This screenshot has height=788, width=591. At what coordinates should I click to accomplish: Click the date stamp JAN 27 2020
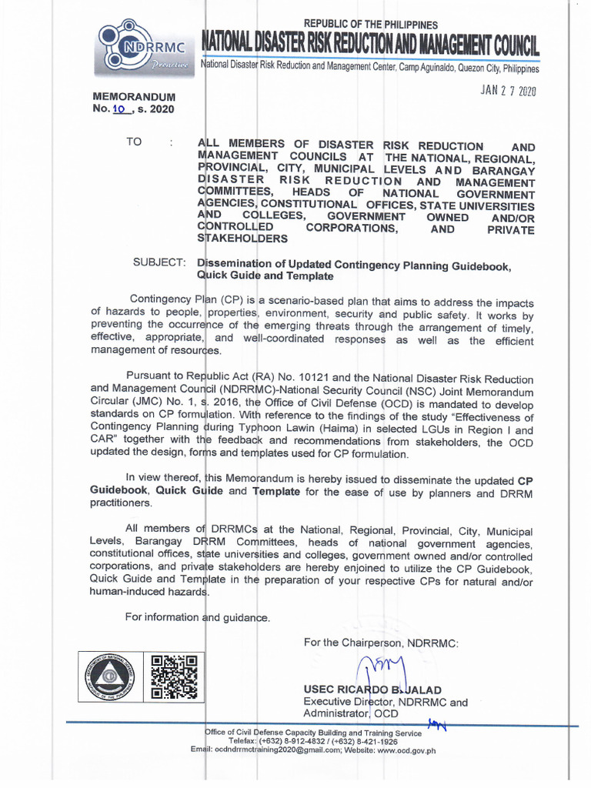coord(508,91)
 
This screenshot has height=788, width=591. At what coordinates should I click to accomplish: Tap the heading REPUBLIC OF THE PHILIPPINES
coord(371,25)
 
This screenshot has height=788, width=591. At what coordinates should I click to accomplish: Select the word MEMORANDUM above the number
coord(134,97)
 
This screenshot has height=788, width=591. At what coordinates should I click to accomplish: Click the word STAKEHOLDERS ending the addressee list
coord(243,239)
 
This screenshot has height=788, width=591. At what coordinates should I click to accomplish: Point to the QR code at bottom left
coord(174,676)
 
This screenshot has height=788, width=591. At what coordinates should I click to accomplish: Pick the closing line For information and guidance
coord(198,616)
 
